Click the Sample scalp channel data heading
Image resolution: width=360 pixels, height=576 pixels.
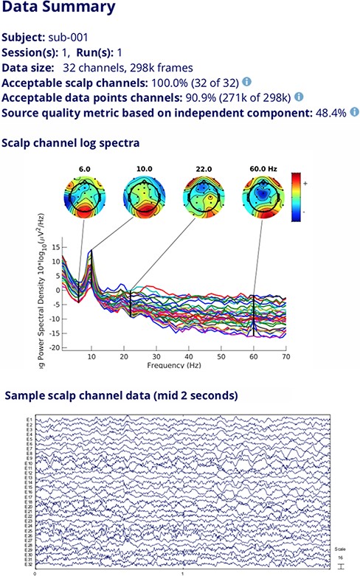tap(121, 396)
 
